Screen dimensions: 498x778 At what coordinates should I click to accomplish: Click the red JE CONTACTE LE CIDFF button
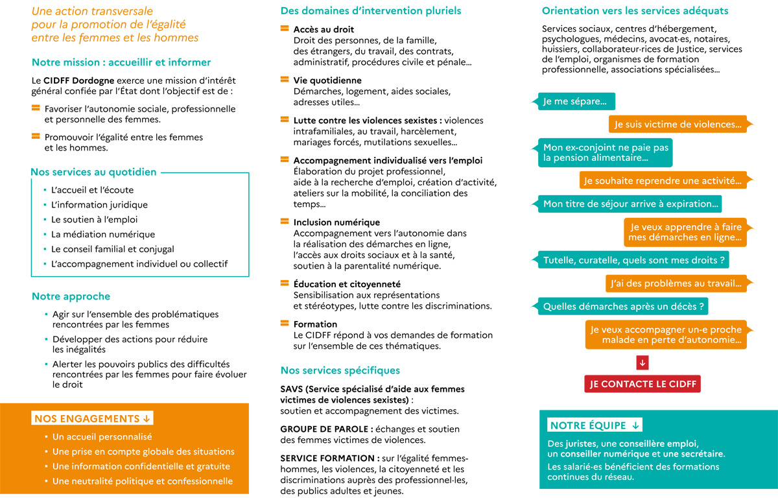click(642, 384)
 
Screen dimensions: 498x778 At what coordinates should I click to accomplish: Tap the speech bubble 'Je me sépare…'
click(575, 102)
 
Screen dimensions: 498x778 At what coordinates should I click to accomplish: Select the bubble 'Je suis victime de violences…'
click(678, 124)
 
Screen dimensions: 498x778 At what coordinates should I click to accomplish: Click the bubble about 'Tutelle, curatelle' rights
click(633, 260)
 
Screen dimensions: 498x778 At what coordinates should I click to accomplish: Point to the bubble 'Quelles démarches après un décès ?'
click(623, 306)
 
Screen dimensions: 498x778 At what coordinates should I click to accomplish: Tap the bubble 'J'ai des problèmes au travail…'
click(676, 283)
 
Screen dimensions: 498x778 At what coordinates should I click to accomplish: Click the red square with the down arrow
click(642, 362)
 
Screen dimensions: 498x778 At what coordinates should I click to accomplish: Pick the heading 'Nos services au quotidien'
click(93, 172)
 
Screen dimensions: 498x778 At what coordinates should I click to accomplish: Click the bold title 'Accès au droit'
click(324, 30)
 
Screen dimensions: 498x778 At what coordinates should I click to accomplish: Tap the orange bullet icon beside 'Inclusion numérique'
click(284, 222)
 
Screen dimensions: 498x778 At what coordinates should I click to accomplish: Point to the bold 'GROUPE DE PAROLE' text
click(326, 429)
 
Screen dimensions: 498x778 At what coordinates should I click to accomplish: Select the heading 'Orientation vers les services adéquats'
click(635, 11)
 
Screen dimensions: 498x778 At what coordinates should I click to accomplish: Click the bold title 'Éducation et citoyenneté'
click(347, 284)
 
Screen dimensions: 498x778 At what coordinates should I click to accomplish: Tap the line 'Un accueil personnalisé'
click(102, 437)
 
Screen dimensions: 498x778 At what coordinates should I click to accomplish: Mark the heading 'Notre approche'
click(71, 296)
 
